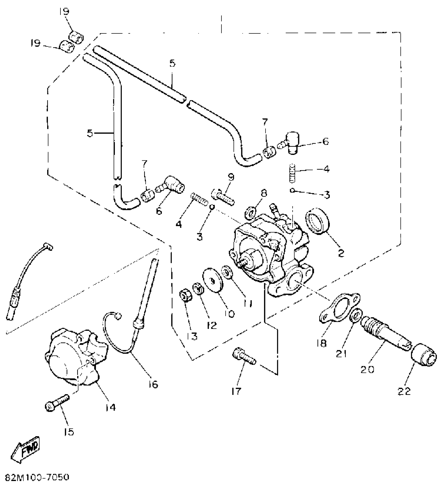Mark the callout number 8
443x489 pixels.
[264, 193]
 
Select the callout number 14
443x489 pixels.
[110, 407]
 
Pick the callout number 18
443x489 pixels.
[322, 343]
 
